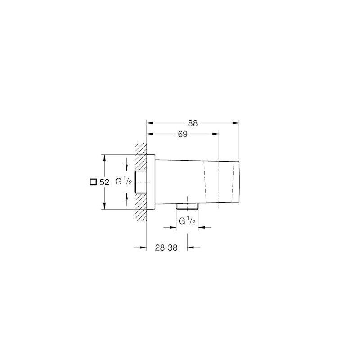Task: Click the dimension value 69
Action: (x=182, y=134)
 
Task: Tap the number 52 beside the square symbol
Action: (x=104, y=182)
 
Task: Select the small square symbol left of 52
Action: (x=93, y=182)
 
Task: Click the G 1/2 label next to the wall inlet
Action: (x=123, y=181)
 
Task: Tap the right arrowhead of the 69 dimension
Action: (x=216, y=134)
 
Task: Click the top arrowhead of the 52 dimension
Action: (x=104, y=158)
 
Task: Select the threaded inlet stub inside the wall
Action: (x=140, y=182)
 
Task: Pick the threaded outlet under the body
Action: (x=187, y=206)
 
